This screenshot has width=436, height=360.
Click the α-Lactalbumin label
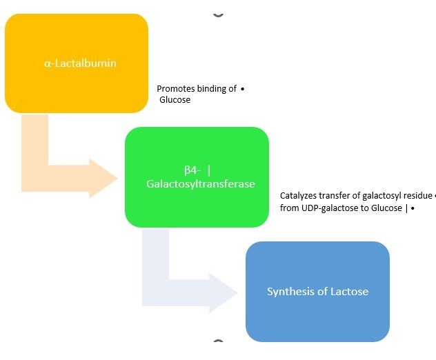(x=80, y=63)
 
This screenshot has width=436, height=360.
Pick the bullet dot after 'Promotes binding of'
(x=244, y=89)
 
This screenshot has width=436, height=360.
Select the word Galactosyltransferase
(x=200, y=184)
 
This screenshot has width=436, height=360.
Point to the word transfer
(x=336, y=196)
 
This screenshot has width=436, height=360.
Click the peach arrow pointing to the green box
(x=69, y=172)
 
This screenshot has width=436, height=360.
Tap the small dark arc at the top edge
(x=219, y=13)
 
